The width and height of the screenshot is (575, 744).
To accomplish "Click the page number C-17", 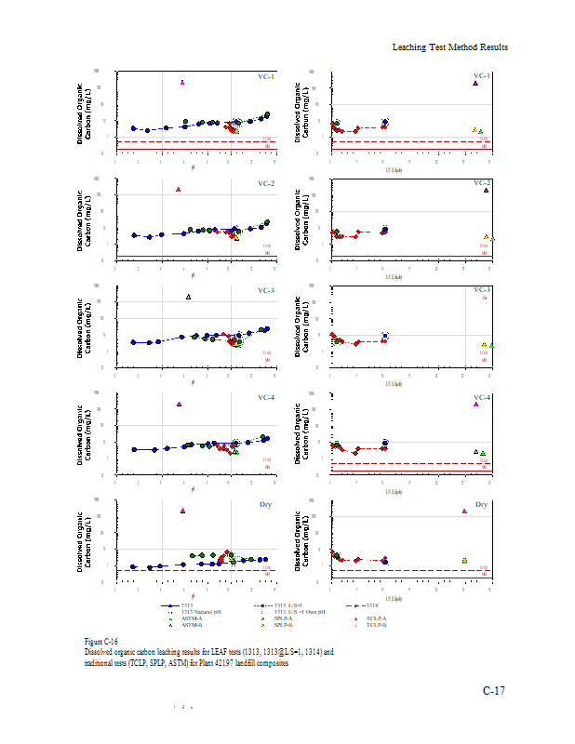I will [x=493, y=690].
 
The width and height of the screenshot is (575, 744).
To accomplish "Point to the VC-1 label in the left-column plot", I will [x=266, y=77].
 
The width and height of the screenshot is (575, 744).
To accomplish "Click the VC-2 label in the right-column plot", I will [x=482, y=182].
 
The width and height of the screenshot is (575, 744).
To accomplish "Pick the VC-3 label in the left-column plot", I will [x=266, y=291].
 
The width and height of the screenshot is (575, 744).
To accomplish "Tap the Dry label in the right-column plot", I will [x=482, y=505].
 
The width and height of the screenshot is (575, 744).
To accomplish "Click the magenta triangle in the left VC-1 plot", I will [x=182, y=82].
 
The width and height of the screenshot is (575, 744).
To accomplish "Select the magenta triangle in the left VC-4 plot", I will [x=180, y=404].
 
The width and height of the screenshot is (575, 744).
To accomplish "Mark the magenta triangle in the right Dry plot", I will [x=464, y=511].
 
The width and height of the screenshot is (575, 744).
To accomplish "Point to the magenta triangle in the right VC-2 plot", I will [x=486, y=190].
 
